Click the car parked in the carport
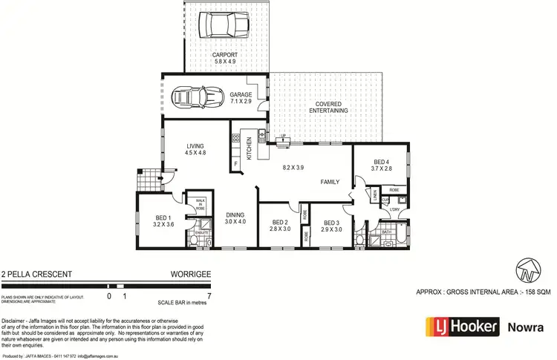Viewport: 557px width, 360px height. pos(227,24)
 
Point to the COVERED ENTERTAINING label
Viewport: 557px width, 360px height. pos(328,107)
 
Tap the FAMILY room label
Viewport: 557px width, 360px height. pos(330,182)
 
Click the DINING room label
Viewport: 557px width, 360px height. pos(235,217)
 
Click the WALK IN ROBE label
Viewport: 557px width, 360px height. pos(200,203)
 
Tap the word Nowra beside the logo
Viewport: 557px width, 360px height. pos(524,327)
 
